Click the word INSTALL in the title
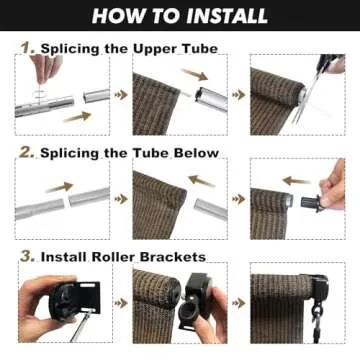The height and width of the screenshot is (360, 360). [222, 16]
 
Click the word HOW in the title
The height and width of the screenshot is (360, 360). [117, 16]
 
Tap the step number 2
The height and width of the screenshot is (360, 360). [27, 152]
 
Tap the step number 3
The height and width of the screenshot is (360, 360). [27, 256]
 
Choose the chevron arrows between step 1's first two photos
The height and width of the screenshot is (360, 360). [122, 95]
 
